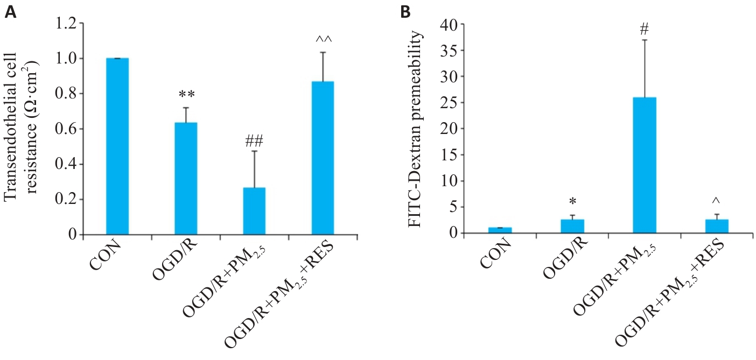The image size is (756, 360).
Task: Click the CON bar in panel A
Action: click(x=117, y=146)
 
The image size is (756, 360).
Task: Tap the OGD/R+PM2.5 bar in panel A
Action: click(x=254, y=211)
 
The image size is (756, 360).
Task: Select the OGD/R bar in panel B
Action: click(x=572, y=226)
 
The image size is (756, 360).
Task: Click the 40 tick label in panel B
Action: click(x=449, y=24)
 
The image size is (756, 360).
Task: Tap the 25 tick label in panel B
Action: click(x=449, y=103)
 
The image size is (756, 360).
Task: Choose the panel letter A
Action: click(x=9, y=12)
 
